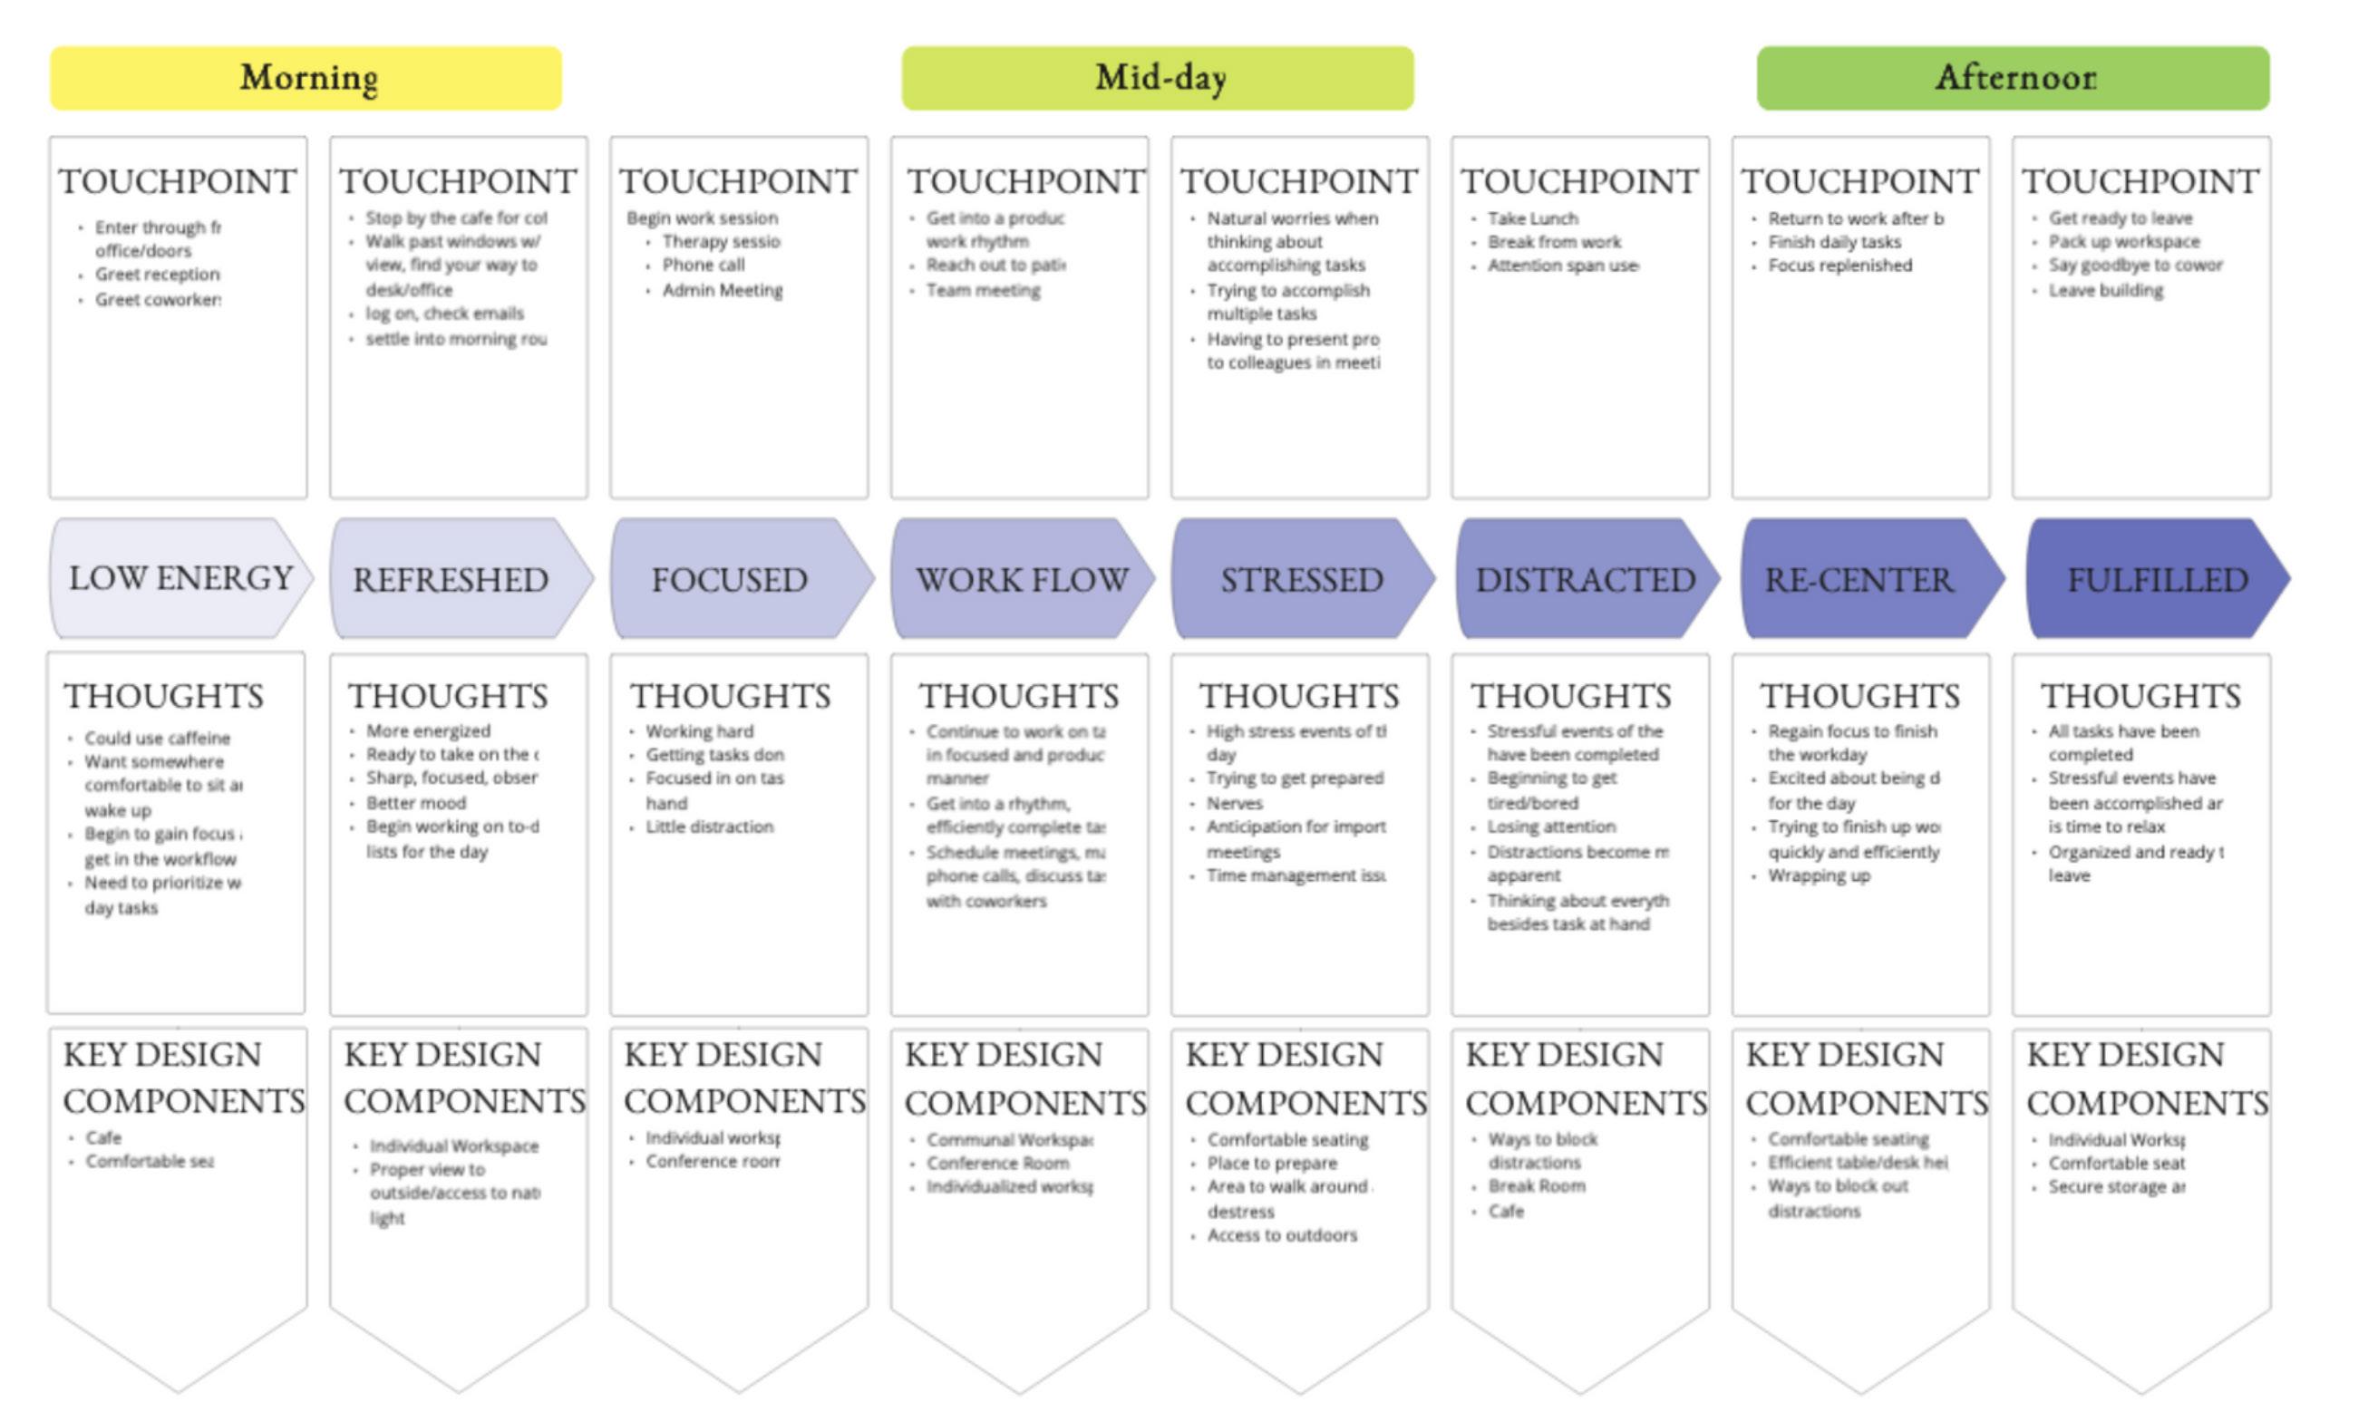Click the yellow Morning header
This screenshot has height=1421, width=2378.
click(x=306, y=78)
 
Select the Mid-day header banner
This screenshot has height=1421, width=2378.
click(x=1157, y=78)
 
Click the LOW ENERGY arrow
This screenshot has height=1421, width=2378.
click(x=180, y=578)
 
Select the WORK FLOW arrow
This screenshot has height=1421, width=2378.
click(x=1021, y=579)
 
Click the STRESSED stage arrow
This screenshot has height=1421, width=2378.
click(x=1301, y=579)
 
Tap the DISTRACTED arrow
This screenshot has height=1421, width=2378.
click(x=1584, y=579)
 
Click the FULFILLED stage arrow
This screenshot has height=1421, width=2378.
click(x=2156, y=579)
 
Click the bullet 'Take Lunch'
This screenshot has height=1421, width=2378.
click(x=1532, y=218)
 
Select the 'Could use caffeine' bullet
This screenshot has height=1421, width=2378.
click(x=157, y=739)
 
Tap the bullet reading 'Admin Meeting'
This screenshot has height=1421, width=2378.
click(x=723, y=289)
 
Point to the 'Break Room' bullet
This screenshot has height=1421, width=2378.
click(x=1536, y=1185)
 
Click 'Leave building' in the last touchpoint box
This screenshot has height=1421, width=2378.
click(x=2105, y=289)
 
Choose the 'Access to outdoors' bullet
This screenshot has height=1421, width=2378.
click(x=1281, y=1235)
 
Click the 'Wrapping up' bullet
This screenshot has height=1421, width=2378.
click(x=1819, y=875)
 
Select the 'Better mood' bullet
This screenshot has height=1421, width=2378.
click(x=415, y=802)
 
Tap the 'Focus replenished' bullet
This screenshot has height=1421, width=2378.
click(x=1839, y=266)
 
